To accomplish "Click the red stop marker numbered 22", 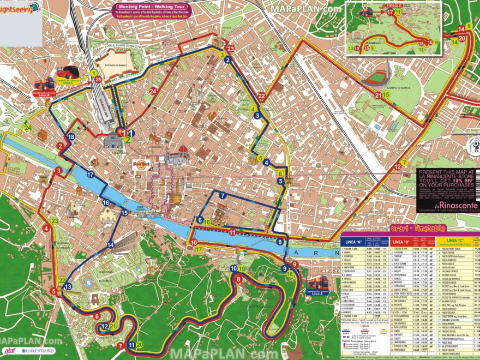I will tap(262, 97).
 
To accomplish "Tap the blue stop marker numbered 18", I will tap(71, 137).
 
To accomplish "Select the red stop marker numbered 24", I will tap(153, 91).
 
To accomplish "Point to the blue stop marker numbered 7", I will tap(223, 195).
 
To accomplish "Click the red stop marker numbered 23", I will tap(230, 49).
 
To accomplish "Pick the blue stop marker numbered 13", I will tap(68, 286).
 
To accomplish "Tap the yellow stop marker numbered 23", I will tap(54, 221).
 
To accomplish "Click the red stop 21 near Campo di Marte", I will tap(378, 96).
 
